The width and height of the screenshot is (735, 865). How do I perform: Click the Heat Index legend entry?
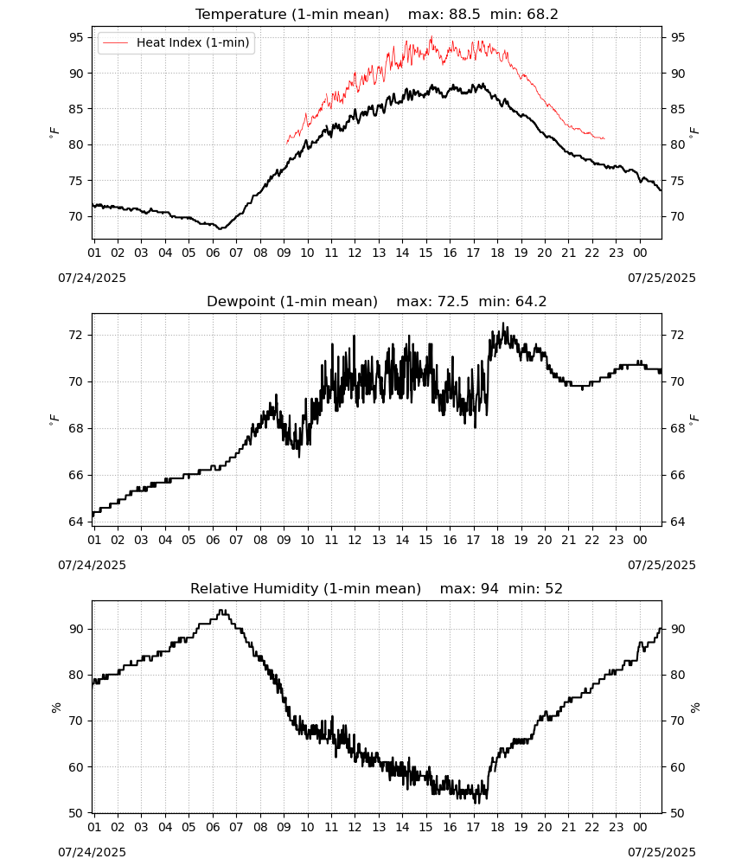click(x=176, y=42)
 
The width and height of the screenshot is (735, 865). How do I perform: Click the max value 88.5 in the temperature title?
click(x=463, y=15)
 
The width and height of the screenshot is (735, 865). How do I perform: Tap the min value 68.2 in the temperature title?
click(x=542, y=15)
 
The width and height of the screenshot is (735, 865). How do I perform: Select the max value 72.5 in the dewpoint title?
click(x=452, y=302)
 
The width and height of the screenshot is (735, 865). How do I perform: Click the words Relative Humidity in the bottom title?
click(x=254, y=588)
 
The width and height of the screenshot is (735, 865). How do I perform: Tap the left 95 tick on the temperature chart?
click(x=76, y=37)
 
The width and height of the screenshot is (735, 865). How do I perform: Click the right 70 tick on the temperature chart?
click(x=678, y=216)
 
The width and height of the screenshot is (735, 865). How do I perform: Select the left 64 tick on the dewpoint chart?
click(x=76, y=522)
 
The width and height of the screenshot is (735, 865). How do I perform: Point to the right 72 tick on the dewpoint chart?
click(x=678, y=335)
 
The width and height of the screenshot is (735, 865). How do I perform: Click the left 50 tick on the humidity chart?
click(x=76, y=813)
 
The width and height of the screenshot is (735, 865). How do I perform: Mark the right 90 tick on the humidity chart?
click(x=678, y=629)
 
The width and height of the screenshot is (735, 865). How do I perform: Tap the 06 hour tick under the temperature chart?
click(x=213, y=253)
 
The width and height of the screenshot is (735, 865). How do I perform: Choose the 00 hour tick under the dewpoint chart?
click(x=640, y=540)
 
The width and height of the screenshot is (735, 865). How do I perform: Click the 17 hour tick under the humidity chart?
click(x=473, y=827)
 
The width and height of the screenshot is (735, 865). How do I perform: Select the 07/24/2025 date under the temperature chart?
click(x=92, y=278)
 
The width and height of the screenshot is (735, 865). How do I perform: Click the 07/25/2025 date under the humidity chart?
click(x=661, y=852)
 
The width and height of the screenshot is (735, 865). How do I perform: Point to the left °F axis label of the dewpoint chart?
click(x=54, y=420)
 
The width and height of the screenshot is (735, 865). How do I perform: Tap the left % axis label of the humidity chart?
click(x=55, y=708)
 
